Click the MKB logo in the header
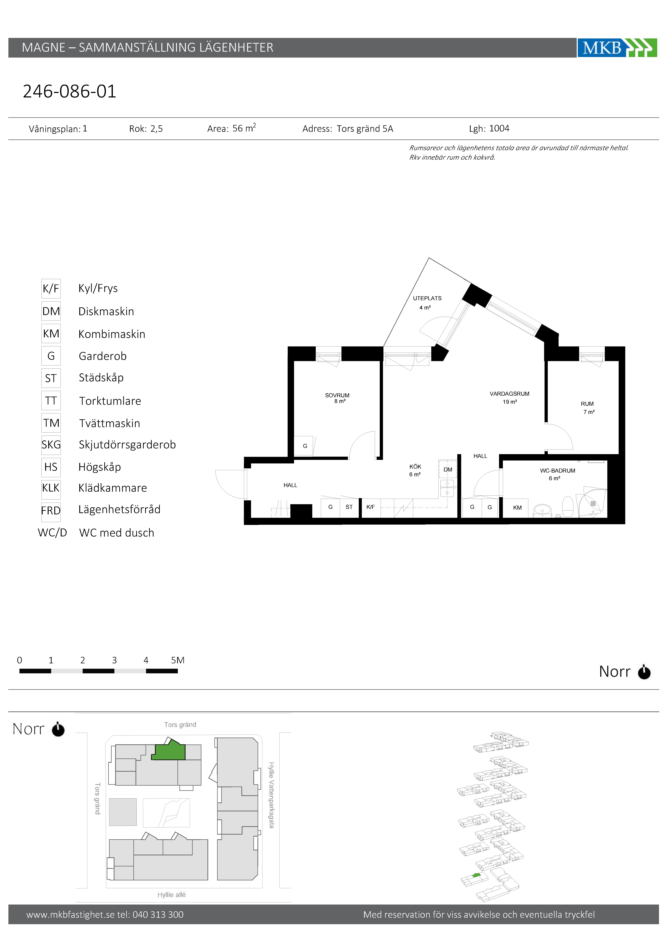[x=617, y=48]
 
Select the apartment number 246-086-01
[x=70, y=91]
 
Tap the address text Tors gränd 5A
[x=365, y=129]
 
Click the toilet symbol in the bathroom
[x=567, y=507]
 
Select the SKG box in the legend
[x=51, y=445]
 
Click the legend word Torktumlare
[x=110, y=401]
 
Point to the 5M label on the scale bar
[x=178, y=660]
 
